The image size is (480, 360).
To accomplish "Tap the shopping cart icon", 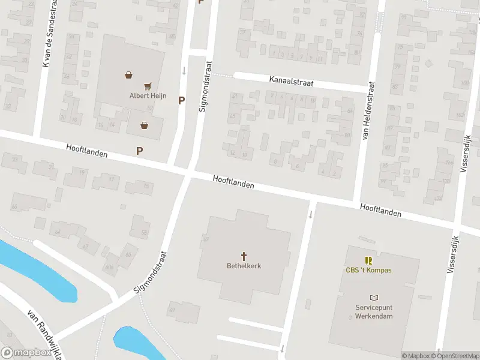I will coord(148,86).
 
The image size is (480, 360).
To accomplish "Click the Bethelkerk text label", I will coord(244,266).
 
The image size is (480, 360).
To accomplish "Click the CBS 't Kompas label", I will coord(368,270).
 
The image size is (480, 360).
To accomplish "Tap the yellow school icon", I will coord(368,260).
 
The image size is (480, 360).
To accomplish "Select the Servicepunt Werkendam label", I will coord(374,311).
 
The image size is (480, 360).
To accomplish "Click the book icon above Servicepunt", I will coord(374,298).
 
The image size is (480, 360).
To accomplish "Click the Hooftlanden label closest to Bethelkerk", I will coord(233,182).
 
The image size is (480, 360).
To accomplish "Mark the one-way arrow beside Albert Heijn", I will coord(184,71).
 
